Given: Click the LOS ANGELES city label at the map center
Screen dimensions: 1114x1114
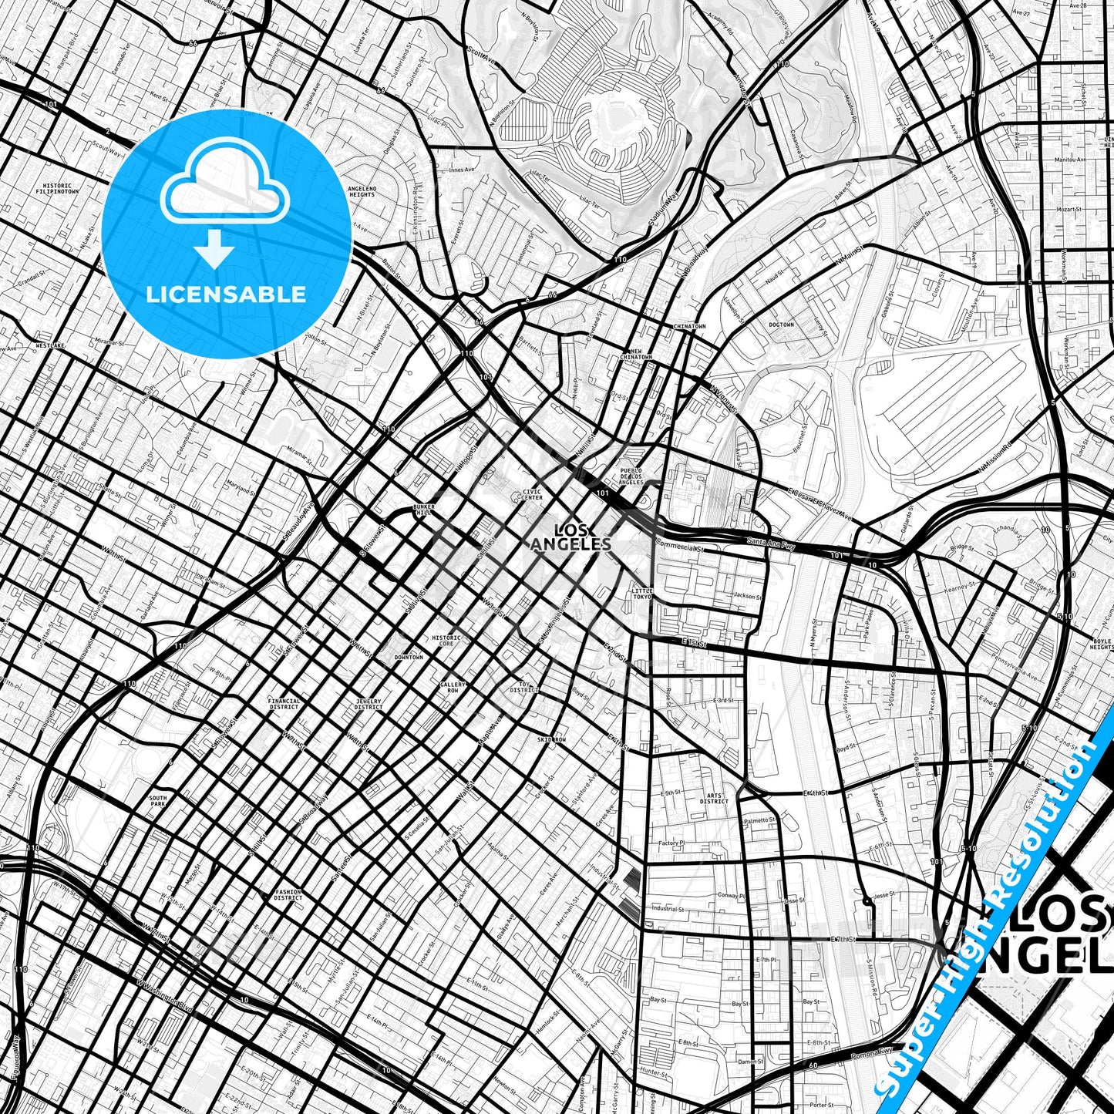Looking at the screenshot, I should (x=570, y=537).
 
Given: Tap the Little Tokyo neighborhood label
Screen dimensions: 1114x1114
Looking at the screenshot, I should (x=642, y=593).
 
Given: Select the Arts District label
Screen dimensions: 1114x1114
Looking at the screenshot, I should (x=714, y=798).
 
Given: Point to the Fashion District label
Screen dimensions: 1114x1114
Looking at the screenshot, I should (x=288, y=895).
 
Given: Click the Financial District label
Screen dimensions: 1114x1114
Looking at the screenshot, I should (x=284, y=704).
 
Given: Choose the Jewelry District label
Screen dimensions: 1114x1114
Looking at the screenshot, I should (x=369, y=704).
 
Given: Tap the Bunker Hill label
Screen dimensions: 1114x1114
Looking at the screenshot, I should (x=424, y=510).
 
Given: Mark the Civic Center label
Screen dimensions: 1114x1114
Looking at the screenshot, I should (x=532, y=494).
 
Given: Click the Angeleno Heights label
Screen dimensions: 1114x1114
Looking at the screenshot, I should (x=362, y=191).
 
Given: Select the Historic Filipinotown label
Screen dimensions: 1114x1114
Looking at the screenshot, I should (x=57, y=188).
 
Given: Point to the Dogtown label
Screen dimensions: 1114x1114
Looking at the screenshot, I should (x=781, y=325).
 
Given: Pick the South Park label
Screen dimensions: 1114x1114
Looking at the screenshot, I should (x=157, y=801).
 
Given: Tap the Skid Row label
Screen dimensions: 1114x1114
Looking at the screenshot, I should (x=551, y=739).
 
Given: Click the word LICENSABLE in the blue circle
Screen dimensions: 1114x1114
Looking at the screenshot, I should (x=226, y=294).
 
